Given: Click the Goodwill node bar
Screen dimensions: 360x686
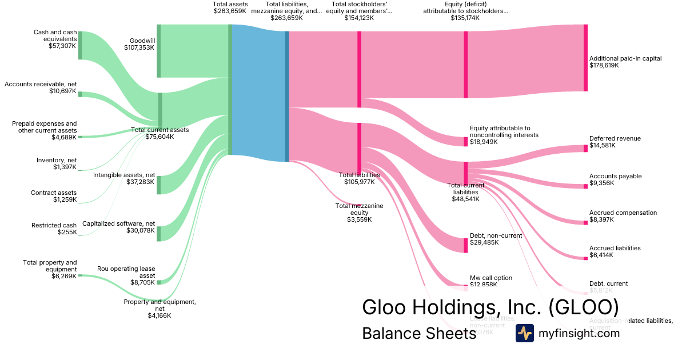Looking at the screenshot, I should pos(158,51).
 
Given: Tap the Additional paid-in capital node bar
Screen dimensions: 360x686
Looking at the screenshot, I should pos(585,58).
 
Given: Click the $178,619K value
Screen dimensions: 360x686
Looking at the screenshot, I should pos(604,66).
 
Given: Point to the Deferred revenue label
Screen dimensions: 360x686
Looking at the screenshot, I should pos(615,138).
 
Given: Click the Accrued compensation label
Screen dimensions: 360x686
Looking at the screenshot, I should pos(623,213).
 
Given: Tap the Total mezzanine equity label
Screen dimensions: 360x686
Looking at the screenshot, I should pos(359,209).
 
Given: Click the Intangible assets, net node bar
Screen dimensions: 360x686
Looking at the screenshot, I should pos(159,185).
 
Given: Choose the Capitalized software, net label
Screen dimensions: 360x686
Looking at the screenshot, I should pos(118,223).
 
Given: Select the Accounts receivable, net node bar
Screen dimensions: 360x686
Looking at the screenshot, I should pos(80,94).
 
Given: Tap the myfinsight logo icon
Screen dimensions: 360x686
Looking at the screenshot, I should pos(524,333).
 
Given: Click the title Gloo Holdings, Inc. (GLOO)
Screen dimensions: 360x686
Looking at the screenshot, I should pos(490,307).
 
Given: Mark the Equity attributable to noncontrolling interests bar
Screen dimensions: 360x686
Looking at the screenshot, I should pos(465,142).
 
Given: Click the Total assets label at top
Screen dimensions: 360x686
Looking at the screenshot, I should pos(230,5).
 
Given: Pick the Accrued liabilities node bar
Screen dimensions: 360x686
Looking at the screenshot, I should pos(585,258).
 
